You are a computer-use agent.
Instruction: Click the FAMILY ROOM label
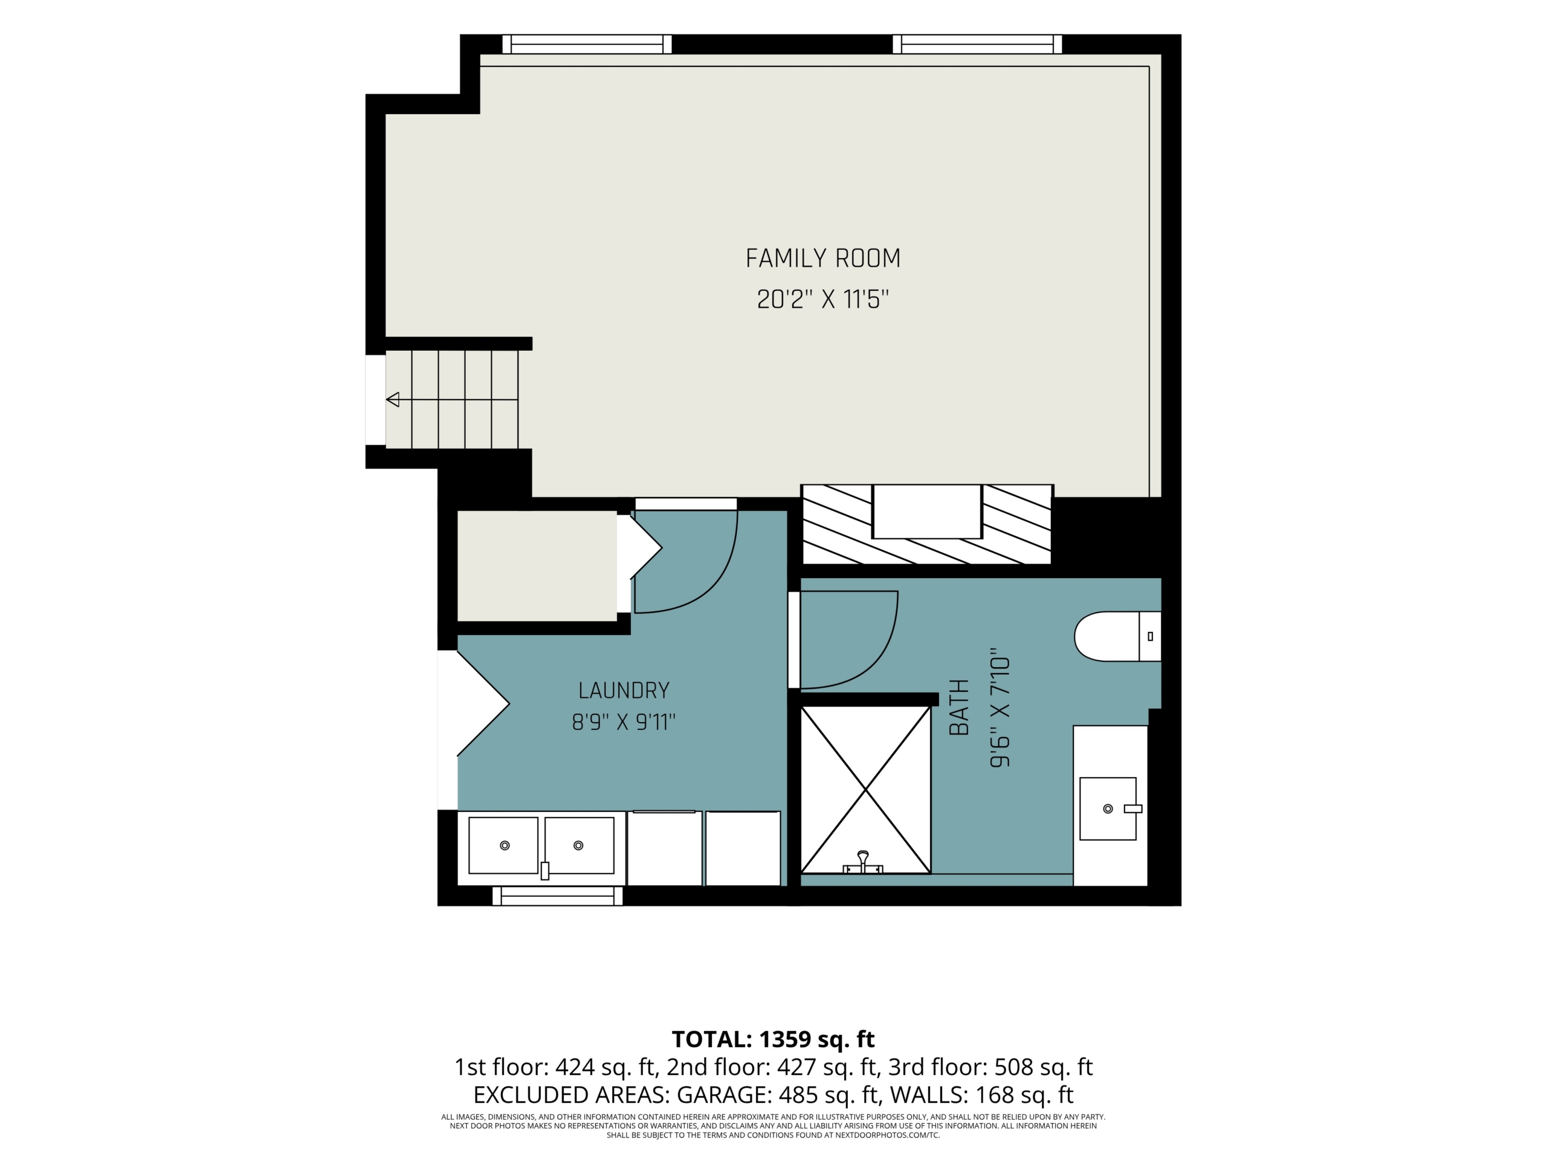(822, 258)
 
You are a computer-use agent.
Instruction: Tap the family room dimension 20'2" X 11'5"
(822, 299)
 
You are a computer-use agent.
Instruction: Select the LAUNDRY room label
(624, 691)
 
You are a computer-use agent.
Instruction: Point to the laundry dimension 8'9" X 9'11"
(624, 721)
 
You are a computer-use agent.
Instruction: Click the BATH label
(959, 707)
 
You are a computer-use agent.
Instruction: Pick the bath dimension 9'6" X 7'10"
(1000, 711)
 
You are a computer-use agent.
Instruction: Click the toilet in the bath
(1117, 636)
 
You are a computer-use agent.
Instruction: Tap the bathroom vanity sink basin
(1108, 808)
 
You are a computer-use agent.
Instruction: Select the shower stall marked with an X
(866, 790)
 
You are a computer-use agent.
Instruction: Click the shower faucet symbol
(864, 863)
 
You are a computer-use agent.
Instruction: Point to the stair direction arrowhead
(393, 400)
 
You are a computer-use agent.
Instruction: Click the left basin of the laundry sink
(503, 845)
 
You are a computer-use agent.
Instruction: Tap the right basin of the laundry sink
(579, 845)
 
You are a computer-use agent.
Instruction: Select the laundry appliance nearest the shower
(743, 848)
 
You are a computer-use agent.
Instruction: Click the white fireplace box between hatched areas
(926, 512)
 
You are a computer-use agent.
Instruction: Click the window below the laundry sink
(557, 896)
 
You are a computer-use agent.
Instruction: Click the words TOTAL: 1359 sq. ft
(773, 1039)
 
